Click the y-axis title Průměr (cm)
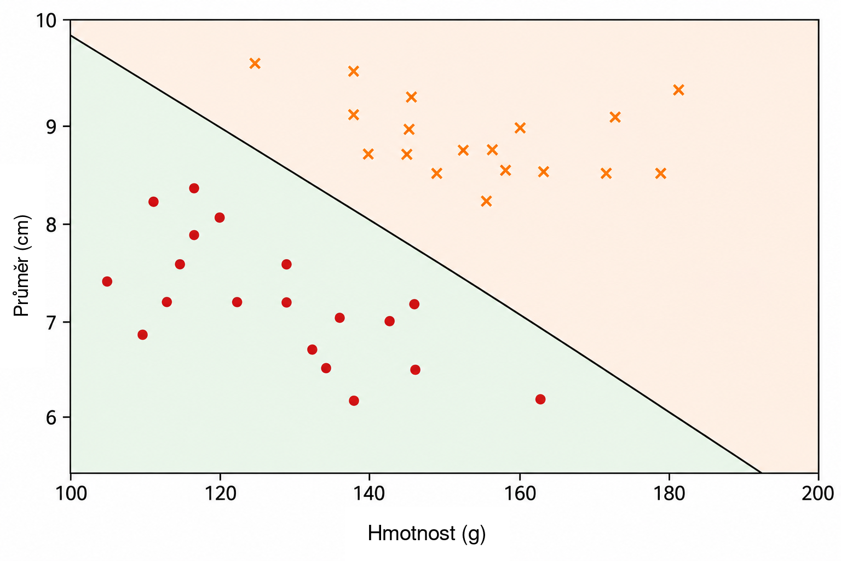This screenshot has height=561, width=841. click(x=21, y=266)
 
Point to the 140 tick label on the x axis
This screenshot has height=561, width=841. click(x=369, y=493)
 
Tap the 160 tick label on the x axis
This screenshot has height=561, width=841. click(x=520, y=493)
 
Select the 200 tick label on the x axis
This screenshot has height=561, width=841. click(x=817, y=493)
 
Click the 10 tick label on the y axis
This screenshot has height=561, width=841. click(x=46, y=21)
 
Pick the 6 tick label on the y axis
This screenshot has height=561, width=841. click(x=51, y=417)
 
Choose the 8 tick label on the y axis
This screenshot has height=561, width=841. click(x=51, y=225)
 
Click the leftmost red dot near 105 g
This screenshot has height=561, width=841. click(x=107, y=282)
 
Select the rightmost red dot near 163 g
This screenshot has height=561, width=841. click(x=540, y=399)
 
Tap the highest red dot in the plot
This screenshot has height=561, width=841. click(x=194, y=188)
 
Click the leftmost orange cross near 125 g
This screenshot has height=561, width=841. click(x=255, y=64)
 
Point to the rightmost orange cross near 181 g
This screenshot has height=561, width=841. click(x=678, y=90)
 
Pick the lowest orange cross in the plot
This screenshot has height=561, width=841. click(x=486, y=202)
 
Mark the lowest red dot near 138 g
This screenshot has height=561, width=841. click(x=354, y=400)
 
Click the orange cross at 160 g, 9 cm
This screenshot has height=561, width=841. click(x=520, y=128)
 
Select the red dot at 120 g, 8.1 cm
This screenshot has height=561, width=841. click(x=220, y=217)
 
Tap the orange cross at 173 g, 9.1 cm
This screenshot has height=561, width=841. click(x=615, y=117)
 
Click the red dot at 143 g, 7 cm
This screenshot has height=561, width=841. click(x=389, y=321)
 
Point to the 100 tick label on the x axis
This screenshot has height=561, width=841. click(x=71, y=493)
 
